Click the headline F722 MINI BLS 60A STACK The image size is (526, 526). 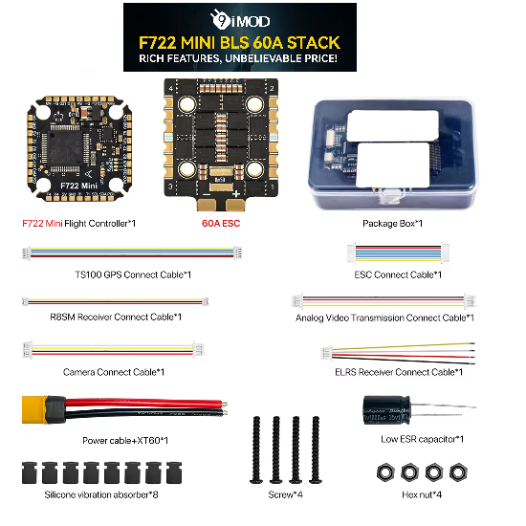(239, 42)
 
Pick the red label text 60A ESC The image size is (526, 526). (219, 223)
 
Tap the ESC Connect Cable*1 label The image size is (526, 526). (396, 274)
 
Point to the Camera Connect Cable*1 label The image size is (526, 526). (114, 371)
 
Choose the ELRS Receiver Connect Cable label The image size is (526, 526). (401, 371)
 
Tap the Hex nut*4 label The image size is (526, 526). (407, 494)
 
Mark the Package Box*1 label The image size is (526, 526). (392, 223)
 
